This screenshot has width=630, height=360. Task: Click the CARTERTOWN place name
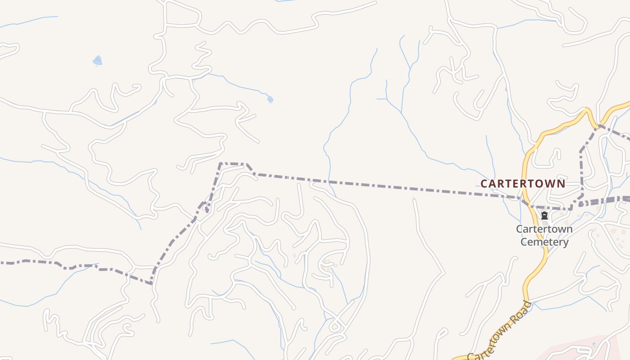[x=522, y=184]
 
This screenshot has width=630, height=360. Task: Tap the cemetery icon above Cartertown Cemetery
[x=544, y=216]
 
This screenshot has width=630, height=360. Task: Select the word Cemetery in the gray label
[x=544, y=242]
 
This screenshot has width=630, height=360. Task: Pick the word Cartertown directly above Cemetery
[x=544, y=229]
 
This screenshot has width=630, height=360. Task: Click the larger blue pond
[x=97, y=60]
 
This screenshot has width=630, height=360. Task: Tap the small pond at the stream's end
[x=270, y=99]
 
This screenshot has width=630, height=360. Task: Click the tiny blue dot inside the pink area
[x=594, y=344]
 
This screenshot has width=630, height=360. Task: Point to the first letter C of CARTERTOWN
[x=484, y=184]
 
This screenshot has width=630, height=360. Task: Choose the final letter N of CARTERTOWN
[x=561, y=184]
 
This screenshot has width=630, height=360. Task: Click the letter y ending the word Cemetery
[x=566, y=243]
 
